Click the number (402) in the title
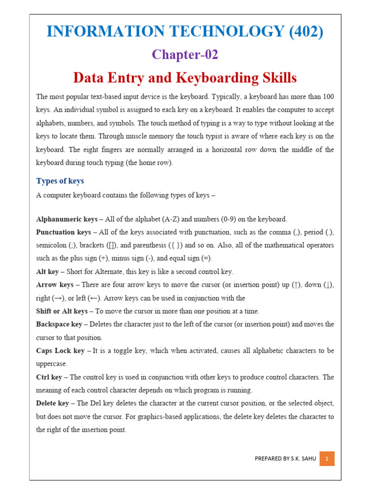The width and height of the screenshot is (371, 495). point(306,31)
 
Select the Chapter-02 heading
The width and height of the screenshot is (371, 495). point(185,55)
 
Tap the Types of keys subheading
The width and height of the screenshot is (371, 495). point(60,181)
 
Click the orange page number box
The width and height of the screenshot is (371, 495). point(327,459)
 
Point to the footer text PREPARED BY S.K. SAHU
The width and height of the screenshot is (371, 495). point(285,459)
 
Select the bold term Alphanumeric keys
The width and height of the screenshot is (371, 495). point(67,219)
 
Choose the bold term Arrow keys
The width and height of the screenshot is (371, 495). point(55,285)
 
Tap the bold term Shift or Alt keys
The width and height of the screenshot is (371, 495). point(62,311)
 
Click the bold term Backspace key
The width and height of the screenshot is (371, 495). point(59,324)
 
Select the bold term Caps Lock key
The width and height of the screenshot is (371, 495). point(60,350)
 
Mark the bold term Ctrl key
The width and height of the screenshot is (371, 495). point(49,377)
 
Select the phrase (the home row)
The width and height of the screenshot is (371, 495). point(149,163)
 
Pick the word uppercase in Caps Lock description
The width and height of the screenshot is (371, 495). point(52,364)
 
